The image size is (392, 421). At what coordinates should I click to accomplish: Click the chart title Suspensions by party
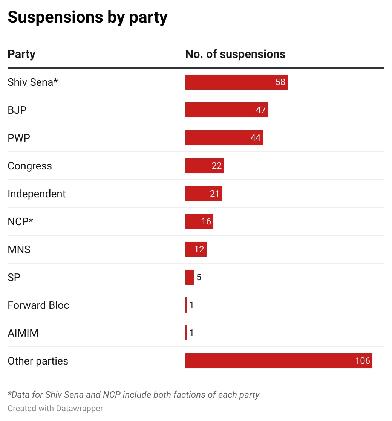click(x=87, y=17)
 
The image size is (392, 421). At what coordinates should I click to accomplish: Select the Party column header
click(x=21, y=54)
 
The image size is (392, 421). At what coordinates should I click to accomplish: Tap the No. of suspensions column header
click(x=235, y=54)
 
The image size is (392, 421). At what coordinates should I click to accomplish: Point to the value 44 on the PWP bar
click(x=256, y=138)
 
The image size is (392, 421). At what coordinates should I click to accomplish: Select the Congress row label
click(x=30, y=166)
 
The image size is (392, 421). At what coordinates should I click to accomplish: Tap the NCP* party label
click(x=20, y=221)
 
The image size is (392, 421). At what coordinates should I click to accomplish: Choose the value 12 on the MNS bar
click(x=199, y=249)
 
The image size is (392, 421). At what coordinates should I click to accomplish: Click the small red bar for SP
click(x=190, y=277)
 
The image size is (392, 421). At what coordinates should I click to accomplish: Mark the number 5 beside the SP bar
click(x=199, y=278)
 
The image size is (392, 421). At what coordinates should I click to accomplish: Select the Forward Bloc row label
click(x=38, y=305)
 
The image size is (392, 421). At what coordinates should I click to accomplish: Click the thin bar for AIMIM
click(x=186, y=333)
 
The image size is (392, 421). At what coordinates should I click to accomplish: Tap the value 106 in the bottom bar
click(x=363, y=361)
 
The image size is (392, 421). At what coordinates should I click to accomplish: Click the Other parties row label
click(x=38, y=361)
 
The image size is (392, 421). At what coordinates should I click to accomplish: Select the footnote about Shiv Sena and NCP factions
click(x=133, y=395)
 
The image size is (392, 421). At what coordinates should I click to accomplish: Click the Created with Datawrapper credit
click(x=55, y=408)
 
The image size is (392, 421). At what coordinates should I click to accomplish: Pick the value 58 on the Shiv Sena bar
click(x=280, y=82)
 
